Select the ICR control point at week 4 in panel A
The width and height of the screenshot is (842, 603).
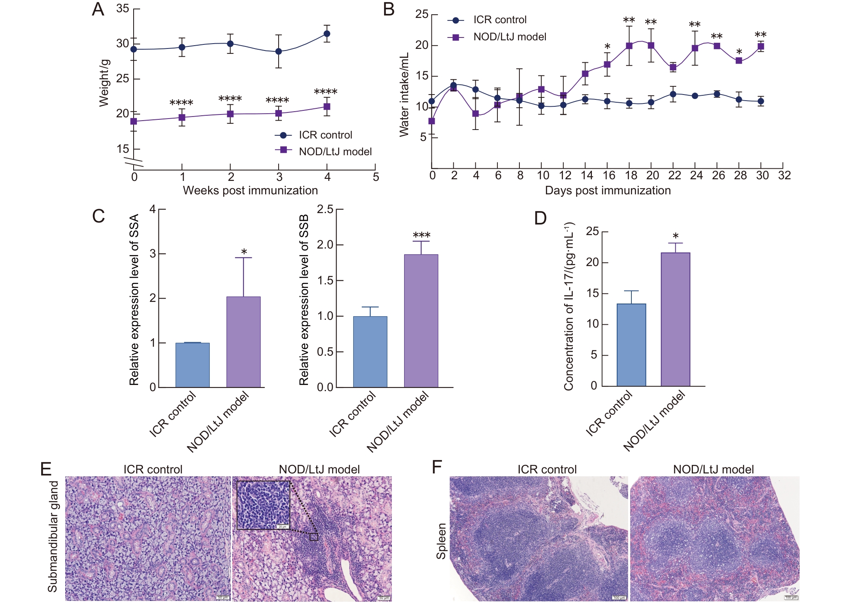coord(327,34)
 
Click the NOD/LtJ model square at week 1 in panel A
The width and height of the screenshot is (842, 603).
coord(182,118)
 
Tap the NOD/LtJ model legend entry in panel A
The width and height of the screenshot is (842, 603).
coord(324,152)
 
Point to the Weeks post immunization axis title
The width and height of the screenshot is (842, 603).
coord(250,190)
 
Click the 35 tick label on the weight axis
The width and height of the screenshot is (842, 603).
coord(123,9)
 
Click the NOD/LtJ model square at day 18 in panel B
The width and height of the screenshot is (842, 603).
coord(629,46)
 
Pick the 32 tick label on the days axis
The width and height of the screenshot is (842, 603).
coord(784,176)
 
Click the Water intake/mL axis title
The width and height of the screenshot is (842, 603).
coord(404,95)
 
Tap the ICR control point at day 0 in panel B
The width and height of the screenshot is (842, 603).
coord(432,101)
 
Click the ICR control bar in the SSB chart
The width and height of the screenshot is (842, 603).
coord(370,351)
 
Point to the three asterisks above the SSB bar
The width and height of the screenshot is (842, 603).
coord(421,235)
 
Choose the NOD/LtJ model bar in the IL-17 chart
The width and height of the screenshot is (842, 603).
coord(675,319)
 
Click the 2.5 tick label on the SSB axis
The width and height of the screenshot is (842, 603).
coord(325,209)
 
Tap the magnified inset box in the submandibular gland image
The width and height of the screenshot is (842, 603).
coord(263,505)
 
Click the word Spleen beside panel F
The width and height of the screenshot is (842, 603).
coord(441,541)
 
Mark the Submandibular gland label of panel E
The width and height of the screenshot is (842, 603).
coord(53,536)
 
